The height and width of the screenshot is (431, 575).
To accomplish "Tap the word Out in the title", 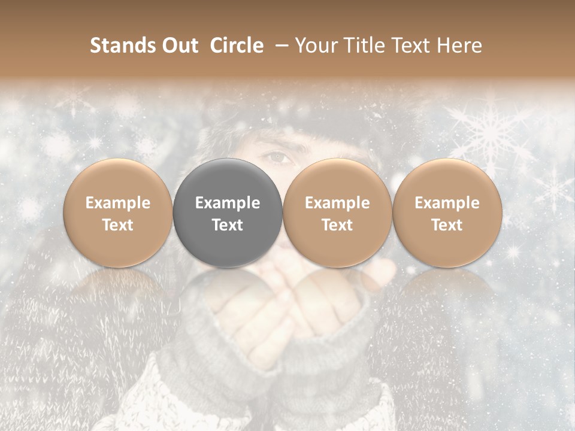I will point(178,45).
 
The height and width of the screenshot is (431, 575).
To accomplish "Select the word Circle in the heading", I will point(237,45).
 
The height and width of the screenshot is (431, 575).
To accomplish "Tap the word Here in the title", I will point(460,45).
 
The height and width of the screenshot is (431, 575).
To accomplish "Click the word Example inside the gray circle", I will point(228,203).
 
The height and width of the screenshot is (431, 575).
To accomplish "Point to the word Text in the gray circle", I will point(228,225).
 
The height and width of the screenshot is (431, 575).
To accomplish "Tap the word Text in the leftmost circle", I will point(117,225).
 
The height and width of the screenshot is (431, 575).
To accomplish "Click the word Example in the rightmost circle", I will point(447,203).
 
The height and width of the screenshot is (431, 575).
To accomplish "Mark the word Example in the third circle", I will point(337,203).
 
